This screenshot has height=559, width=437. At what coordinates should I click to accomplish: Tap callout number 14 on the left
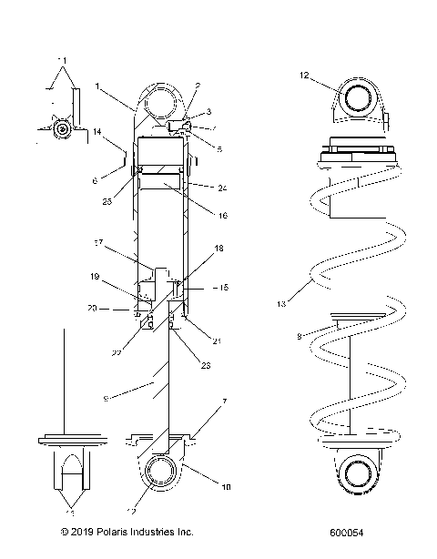[96, 132]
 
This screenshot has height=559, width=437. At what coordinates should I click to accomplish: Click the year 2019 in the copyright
[80, 530]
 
